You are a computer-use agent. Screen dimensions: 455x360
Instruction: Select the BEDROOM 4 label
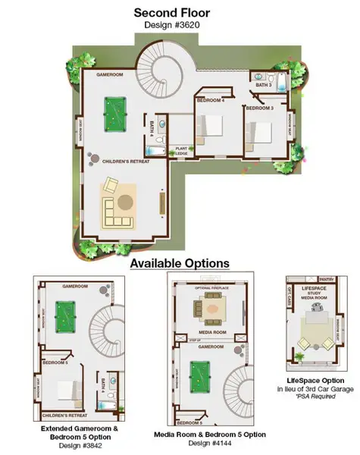coord(211,100)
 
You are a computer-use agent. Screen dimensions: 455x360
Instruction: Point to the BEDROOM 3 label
coord(258,108)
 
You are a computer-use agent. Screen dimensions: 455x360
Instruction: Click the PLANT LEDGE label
coord(183,152)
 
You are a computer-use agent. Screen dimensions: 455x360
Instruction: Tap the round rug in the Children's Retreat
coord(125,202)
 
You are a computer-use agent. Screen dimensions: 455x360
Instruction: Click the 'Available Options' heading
coord(180,262)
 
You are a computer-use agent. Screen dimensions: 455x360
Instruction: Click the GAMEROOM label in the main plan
coord(110,76)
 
